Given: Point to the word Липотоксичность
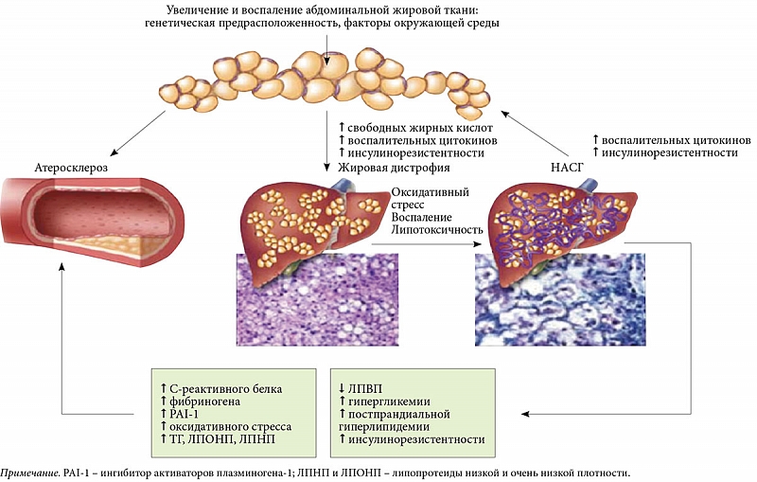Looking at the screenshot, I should pyautogui.click(x=435, y=230).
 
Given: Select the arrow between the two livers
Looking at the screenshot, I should pyautogui.click(x=426, y=243).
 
